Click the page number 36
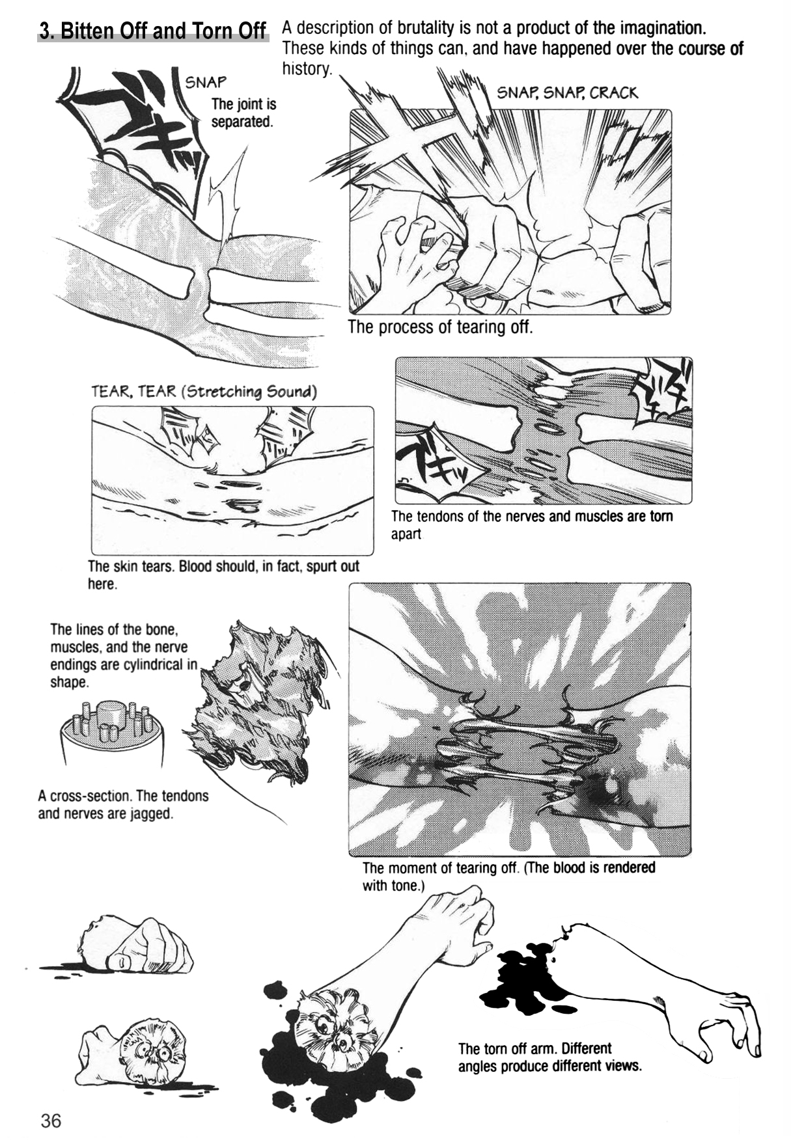(x=50, y=1121)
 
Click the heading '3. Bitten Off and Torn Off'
(x=153, y=31)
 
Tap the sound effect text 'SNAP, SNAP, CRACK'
(x=567, y=92)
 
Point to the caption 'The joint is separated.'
(x=243, y=113)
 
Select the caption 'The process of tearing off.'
(x=440, y=327)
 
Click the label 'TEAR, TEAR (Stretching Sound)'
(x=204, y=391)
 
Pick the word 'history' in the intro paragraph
(x=307, y=69)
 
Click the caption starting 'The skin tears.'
(x=223, y=575)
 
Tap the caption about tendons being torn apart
(x=531, y=524)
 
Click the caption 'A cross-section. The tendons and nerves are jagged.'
(x=123, y=804)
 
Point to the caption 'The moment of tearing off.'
(x=508, y=876)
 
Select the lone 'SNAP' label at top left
(x=206, y=82)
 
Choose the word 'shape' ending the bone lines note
(x=68, y=683)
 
